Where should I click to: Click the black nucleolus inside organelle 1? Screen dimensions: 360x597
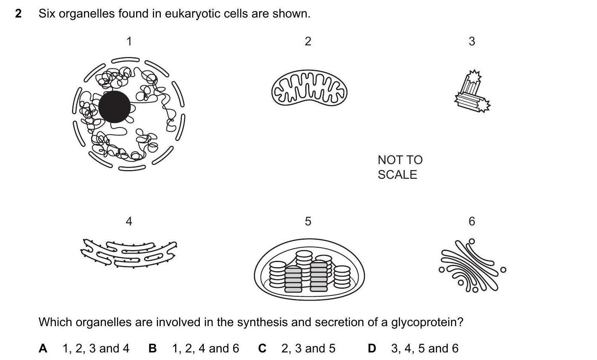tap(114, 107)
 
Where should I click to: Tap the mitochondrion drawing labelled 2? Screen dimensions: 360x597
tap(309, 89)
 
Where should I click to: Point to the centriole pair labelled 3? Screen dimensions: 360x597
tap(472, 92)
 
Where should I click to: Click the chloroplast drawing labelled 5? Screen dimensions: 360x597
tap(309, 270)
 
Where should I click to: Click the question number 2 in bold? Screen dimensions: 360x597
tap(18, 14)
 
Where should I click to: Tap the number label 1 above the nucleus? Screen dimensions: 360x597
tap(129, 41)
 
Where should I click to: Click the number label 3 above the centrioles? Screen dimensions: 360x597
tap(472, 41)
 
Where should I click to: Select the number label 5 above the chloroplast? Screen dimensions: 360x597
tap(308, 221)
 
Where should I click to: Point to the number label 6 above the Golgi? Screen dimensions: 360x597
tap(472, 221)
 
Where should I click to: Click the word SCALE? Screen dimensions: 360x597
tap(397, 175)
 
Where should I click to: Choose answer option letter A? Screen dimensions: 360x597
tap(43, 348)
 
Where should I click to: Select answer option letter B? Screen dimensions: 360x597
tap(152, 348)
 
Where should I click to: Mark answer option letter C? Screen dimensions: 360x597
tap(262, 348)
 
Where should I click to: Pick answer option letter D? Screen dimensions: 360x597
tap(372, 348)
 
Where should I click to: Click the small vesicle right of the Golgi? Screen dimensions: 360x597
tap(503, 270)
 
